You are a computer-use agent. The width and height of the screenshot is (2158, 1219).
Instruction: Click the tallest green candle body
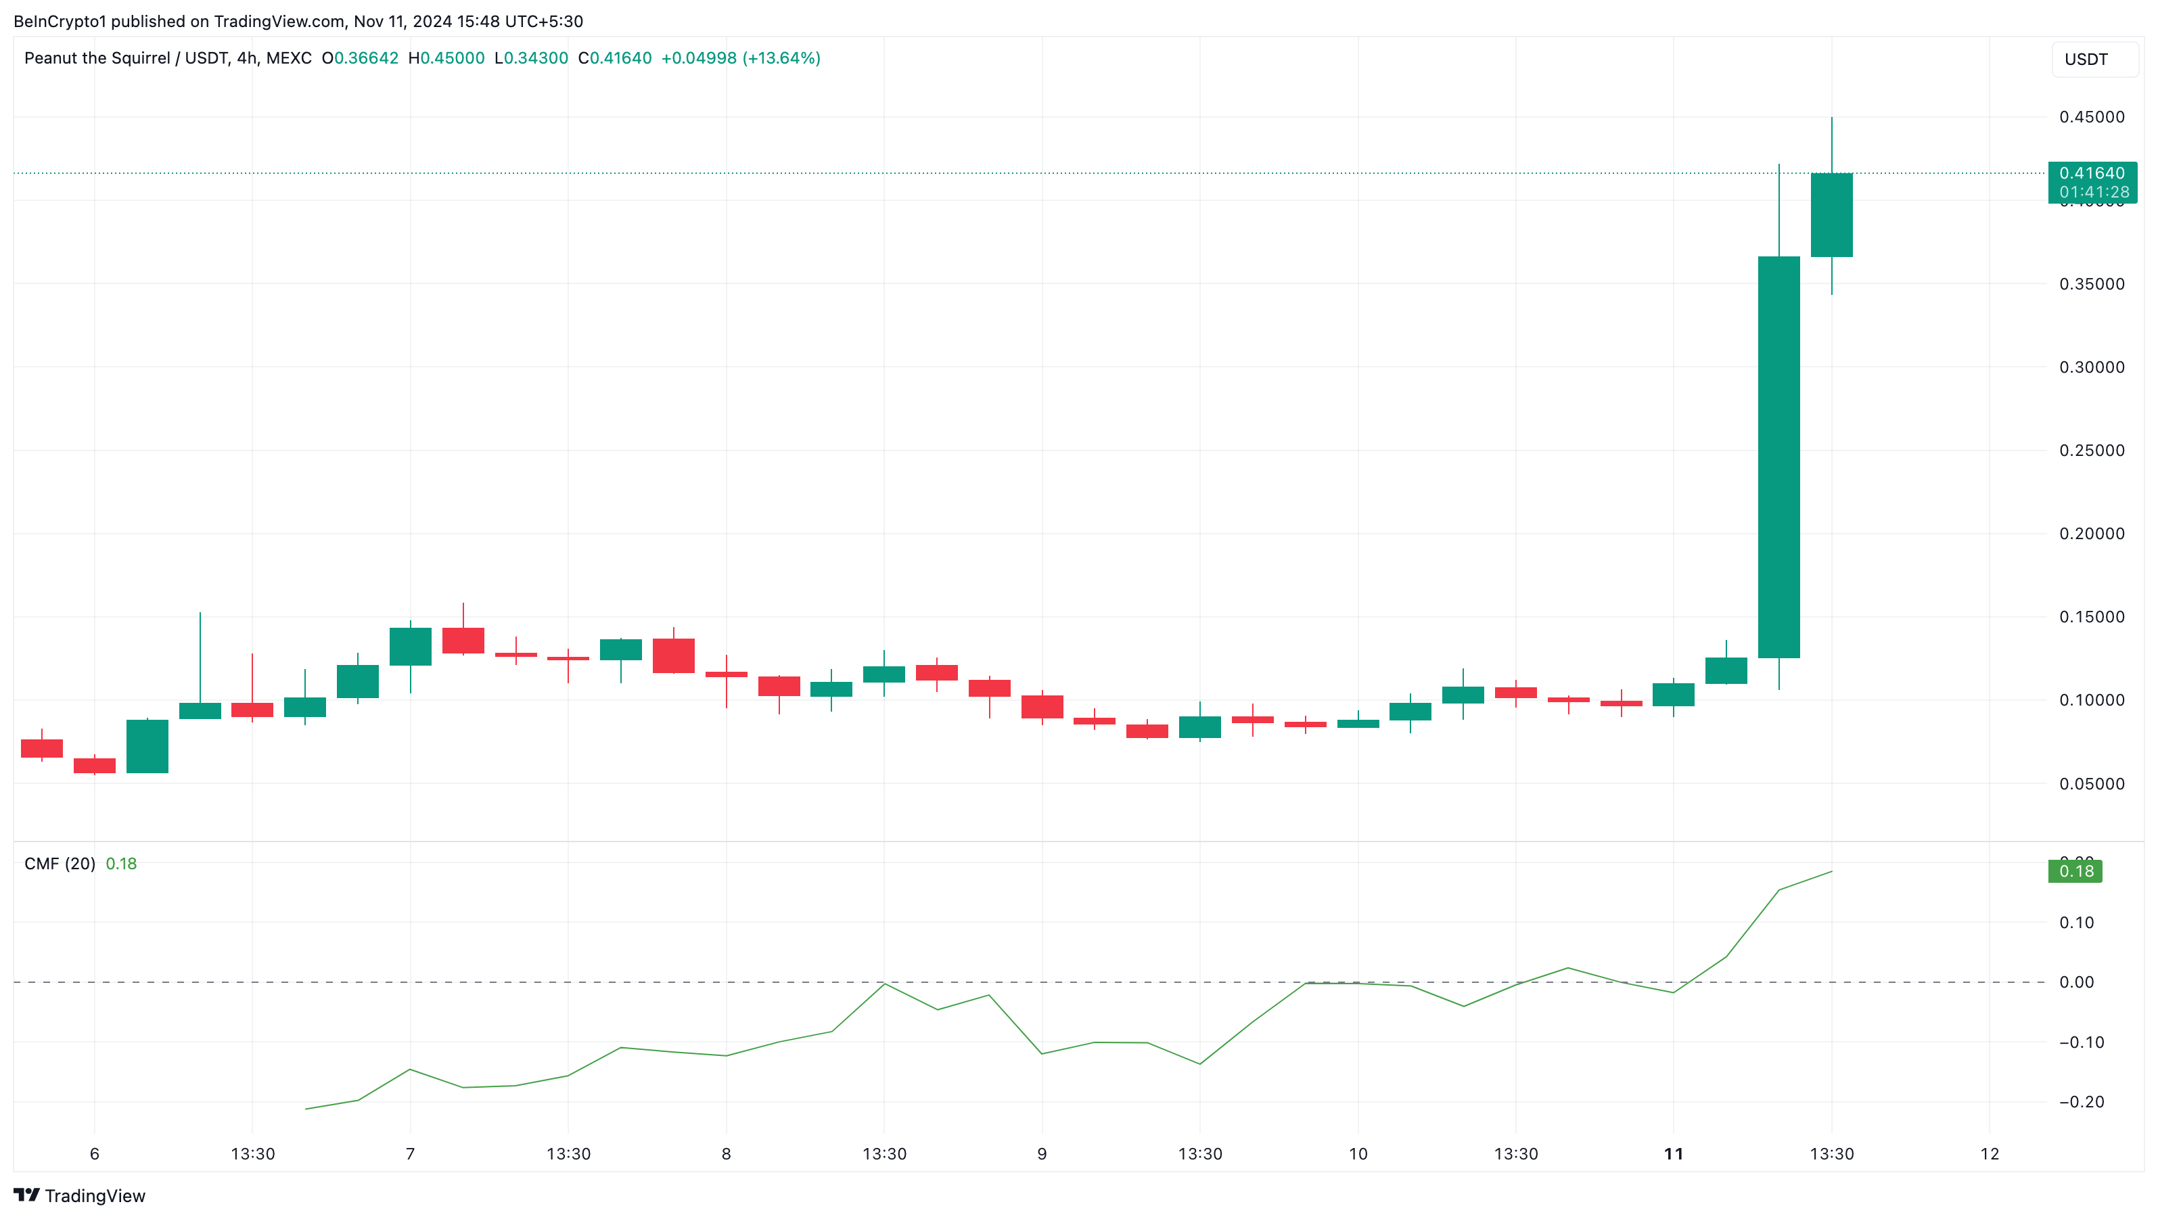(x=1778, y=457)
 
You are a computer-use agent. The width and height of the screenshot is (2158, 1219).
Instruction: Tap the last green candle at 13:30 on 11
(x=1831, y=214)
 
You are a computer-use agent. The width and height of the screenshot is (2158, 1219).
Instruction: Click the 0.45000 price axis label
(x=2091, y=117)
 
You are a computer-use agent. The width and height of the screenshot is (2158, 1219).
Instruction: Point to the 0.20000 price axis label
(x=2091, y=534)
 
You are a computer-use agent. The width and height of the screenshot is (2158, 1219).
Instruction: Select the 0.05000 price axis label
(x=2091, y=783)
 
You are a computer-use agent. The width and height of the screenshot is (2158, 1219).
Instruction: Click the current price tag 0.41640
(x=2091, y=173)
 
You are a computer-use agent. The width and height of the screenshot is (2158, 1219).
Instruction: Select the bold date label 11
(x=1673, y=1153)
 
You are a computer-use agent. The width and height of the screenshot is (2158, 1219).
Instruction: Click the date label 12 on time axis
(x=1989, y=1153)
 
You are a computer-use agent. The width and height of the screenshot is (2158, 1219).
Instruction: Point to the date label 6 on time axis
(x=95, y=1153)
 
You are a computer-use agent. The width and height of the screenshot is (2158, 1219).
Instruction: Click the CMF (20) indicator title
(x=60, y=864)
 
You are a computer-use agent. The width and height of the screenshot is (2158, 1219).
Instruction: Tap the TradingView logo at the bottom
(x=80, y=1195)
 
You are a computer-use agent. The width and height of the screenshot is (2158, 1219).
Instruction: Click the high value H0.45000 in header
(x=446, y=57)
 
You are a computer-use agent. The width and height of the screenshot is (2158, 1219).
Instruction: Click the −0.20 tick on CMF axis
(x=2081, y=1102)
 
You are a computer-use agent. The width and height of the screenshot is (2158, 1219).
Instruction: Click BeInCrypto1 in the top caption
(x=60, y=21)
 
